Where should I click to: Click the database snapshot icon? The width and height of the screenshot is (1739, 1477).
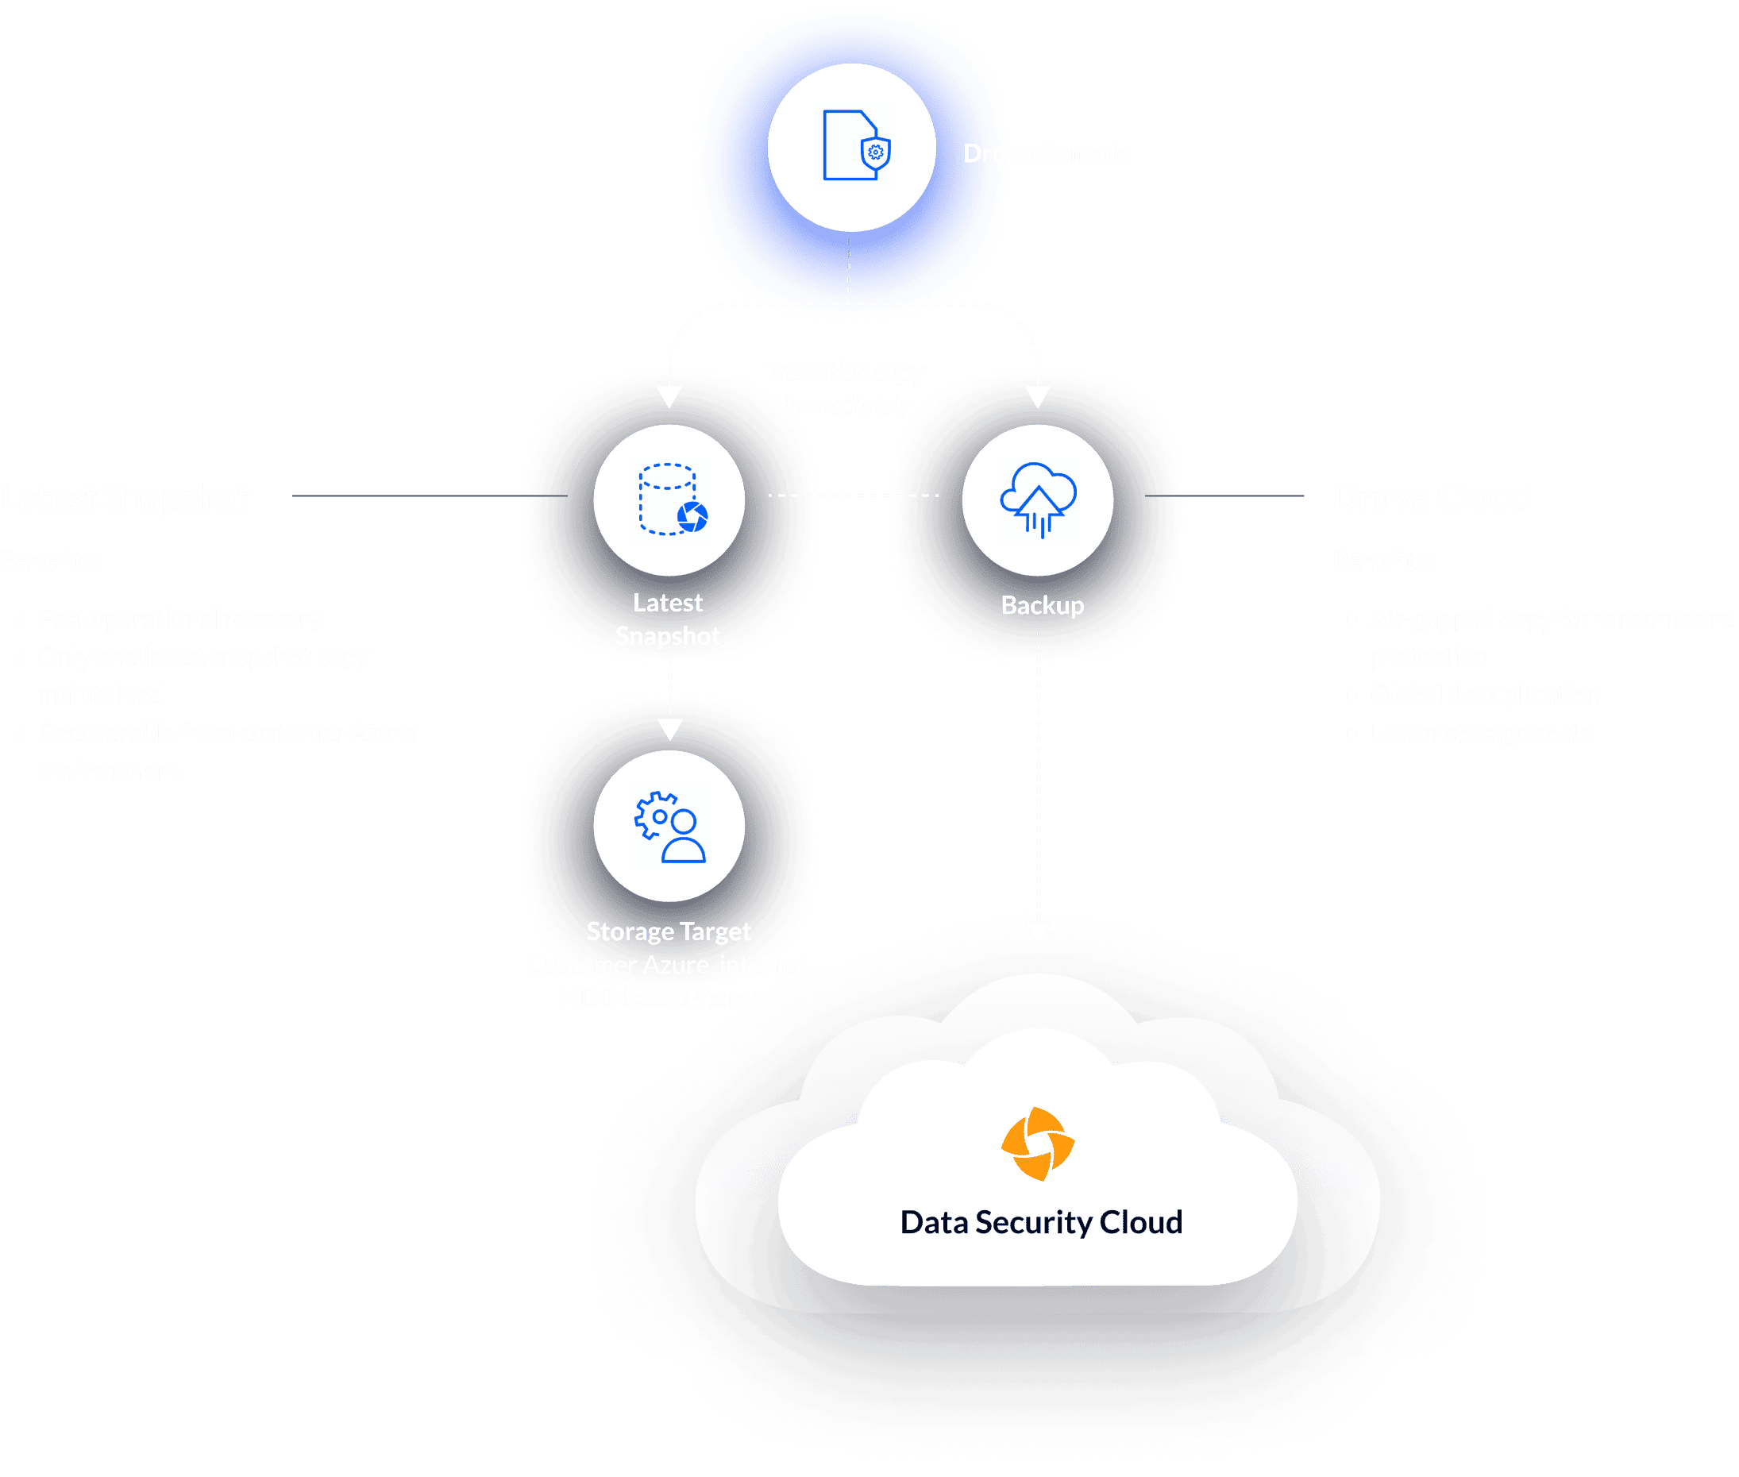671,499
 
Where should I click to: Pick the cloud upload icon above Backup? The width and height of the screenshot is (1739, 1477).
1038,499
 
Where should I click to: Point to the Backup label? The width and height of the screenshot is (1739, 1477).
1043,604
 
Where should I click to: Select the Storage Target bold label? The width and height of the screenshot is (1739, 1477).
668,931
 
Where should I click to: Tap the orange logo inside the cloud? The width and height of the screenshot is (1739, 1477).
1037,1143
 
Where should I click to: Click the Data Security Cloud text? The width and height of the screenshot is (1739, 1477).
1041,1222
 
